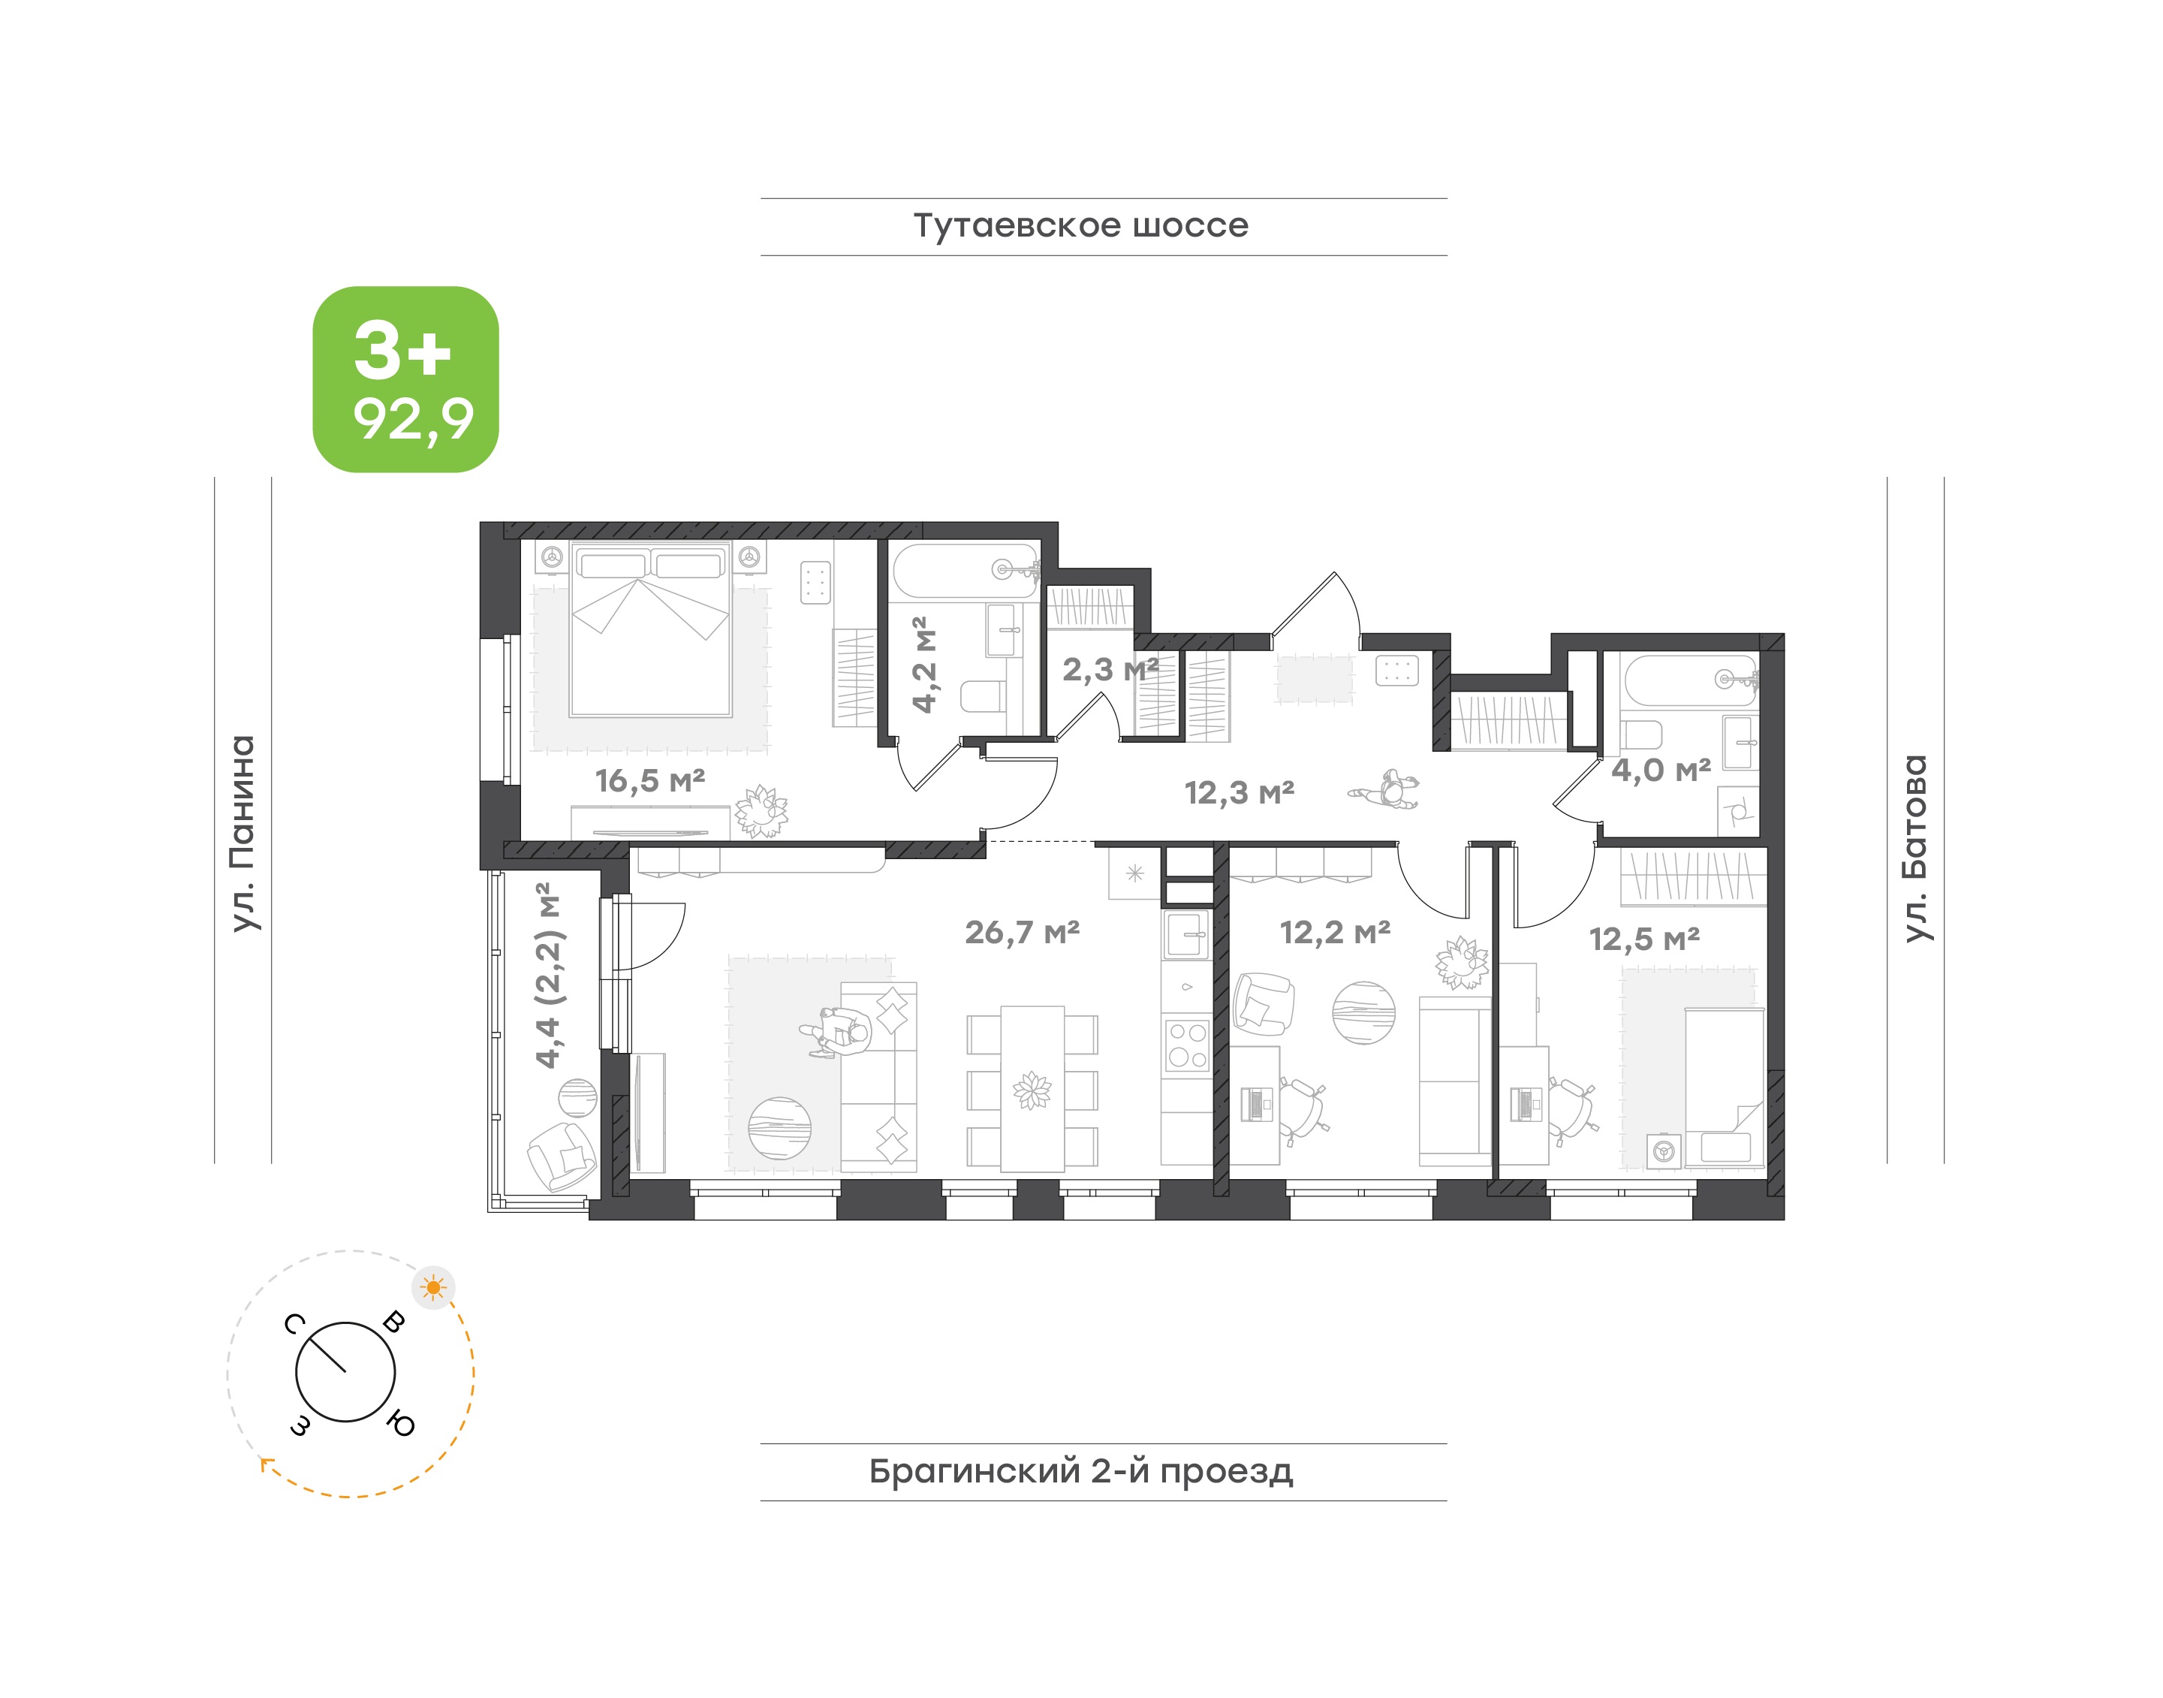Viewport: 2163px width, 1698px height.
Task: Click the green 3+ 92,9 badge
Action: click(405, 379)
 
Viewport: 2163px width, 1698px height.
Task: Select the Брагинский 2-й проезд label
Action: click(1080, 1471)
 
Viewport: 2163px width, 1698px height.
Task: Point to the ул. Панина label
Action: click(243, 833)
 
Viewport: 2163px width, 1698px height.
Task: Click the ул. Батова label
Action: click(1914, 848)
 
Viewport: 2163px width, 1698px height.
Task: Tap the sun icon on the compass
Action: click(433, 1289)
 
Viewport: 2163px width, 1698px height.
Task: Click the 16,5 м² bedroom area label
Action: click(650, 780)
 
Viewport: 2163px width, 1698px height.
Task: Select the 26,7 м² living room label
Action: click(1022, 933)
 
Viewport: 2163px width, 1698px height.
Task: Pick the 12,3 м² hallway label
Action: click(1239, 792)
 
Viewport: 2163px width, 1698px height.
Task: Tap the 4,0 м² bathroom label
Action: click(1661, 770)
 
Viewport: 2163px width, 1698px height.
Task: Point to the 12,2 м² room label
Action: click(1334, 933)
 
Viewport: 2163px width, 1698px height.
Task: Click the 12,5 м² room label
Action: click(1644, 939)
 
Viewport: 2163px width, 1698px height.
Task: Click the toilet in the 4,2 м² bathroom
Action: click(984, 695)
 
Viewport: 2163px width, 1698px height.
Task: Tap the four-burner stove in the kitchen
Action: click(1187, 1044)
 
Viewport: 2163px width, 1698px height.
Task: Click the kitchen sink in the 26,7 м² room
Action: click(1187, 934)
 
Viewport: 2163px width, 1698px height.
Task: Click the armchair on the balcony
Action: click(562, 1157)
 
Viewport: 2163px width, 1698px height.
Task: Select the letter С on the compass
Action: click(294, 1323)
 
